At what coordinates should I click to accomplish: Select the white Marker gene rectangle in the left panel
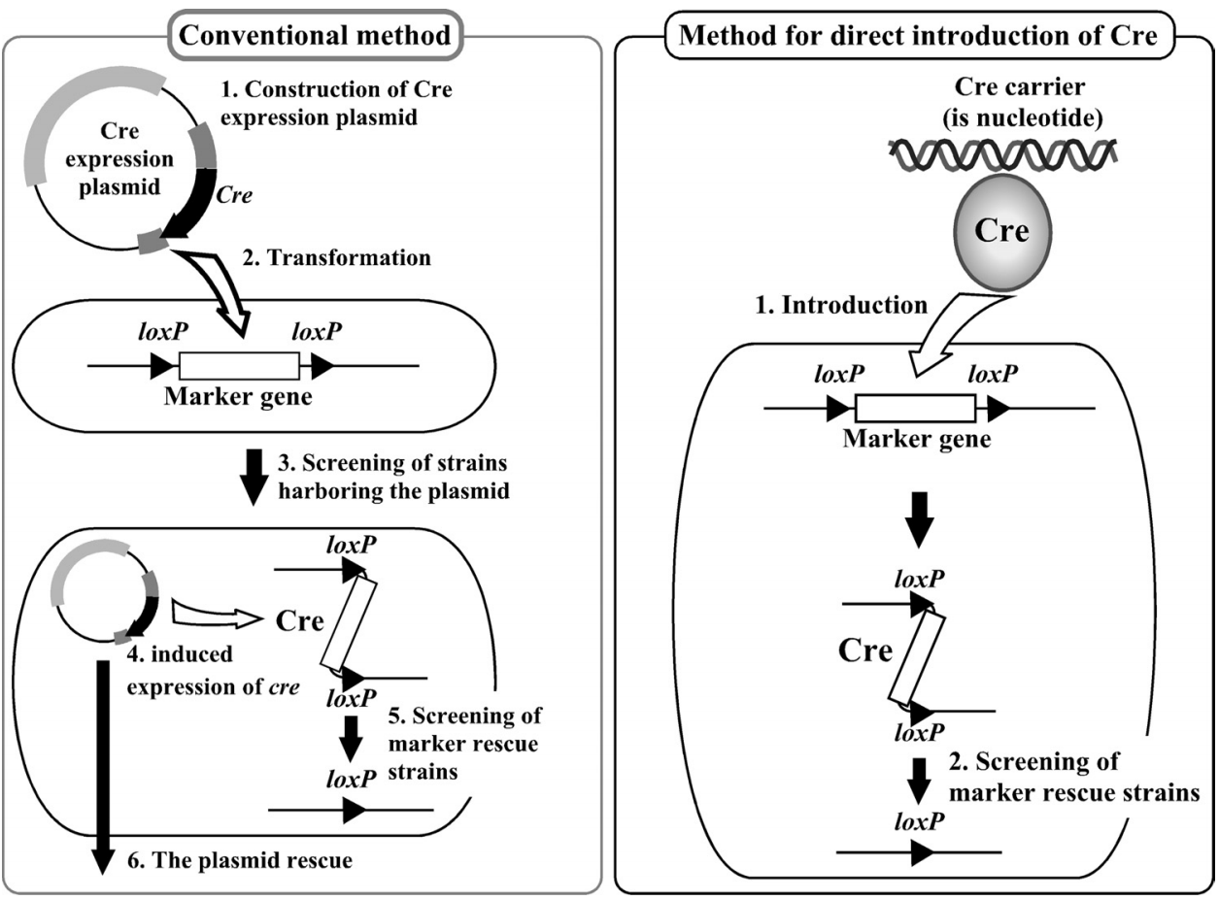[x=239, y=366]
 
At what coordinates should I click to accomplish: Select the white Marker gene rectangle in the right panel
[x=914, y=410]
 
